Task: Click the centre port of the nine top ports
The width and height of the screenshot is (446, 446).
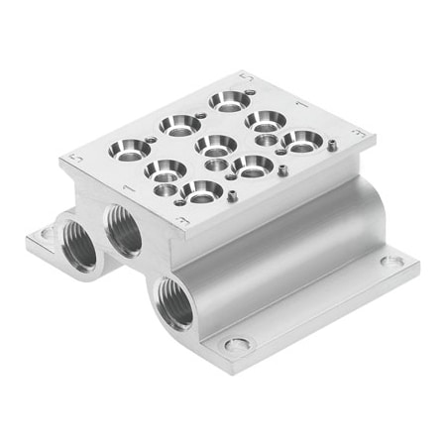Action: pyautogui.click(x=215, y=146)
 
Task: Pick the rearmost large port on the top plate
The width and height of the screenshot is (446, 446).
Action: pyautogui.click(x=229, y=100)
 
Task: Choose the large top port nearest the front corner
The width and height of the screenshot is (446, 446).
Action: pyautogui.click(x=202, y=191)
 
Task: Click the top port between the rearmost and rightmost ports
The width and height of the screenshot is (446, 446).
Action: pyautogui.click(x=266, y=121)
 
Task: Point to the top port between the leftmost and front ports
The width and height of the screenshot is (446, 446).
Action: pyautogui.click(x=166, y=169)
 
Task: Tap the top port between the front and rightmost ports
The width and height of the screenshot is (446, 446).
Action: pyautogui.click(x=254, y=166)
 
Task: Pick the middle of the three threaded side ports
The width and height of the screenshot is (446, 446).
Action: pyautogui.click(x=125, y=230)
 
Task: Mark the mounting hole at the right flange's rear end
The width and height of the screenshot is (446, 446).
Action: pyautogui.click(x=393, y=262)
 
